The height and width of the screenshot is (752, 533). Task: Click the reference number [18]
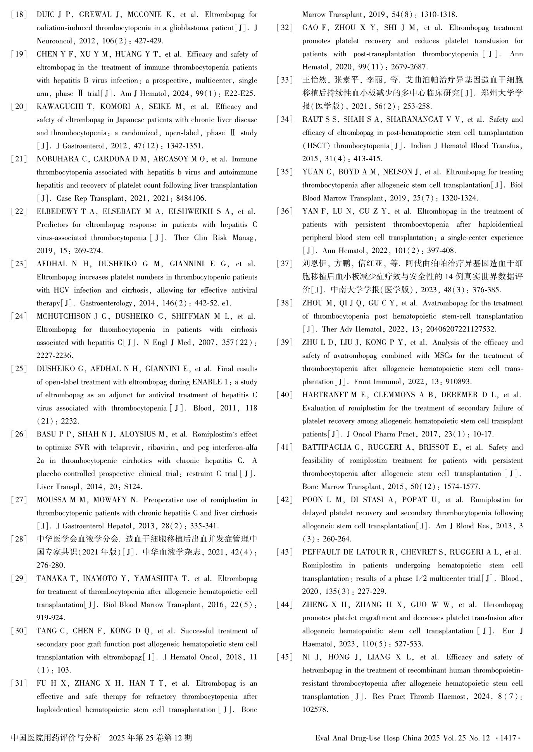pyautogui.click(x=19, y=15)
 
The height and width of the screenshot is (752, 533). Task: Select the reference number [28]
pyautogui.click(x=19, y=539)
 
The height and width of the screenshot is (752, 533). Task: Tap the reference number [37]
pyautogui.click(x=285, y=264)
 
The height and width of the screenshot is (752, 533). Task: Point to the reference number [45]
pyautogui.click(x=285, y=657)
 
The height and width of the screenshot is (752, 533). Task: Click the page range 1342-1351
pyautogui.click(x=185, y=146)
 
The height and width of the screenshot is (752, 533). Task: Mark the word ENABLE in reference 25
pyautogui.click(x=207, y=382)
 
